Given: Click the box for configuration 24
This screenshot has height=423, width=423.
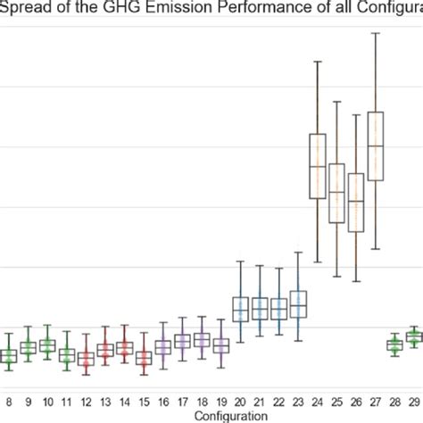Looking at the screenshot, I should [317, 166].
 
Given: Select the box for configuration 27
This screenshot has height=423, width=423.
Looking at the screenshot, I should [375, 146].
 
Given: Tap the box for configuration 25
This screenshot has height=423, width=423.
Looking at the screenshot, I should [336, 193].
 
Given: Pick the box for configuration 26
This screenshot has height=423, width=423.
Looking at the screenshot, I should [356, 203].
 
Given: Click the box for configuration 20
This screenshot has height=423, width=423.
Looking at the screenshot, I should [240, 309].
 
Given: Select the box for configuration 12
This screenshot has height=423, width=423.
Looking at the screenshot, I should [86, 359].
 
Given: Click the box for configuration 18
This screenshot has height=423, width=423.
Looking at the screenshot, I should [202, 340].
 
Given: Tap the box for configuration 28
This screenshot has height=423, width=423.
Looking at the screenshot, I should [394, 344].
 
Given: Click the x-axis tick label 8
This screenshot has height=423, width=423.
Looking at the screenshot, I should [8, 402].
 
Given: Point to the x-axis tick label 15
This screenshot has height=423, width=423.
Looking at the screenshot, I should [144, 402].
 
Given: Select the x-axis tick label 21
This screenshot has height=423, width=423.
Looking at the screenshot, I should [260, 402].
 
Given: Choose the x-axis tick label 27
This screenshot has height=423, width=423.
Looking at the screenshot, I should [375, 402].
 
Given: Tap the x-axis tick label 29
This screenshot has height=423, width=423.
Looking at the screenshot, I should [413, 402].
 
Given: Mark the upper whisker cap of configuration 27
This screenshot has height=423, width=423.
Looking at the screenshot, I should [375, 34].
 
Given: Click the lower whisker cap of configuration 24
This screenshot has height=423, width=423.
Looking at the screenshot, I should [317, 261].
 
